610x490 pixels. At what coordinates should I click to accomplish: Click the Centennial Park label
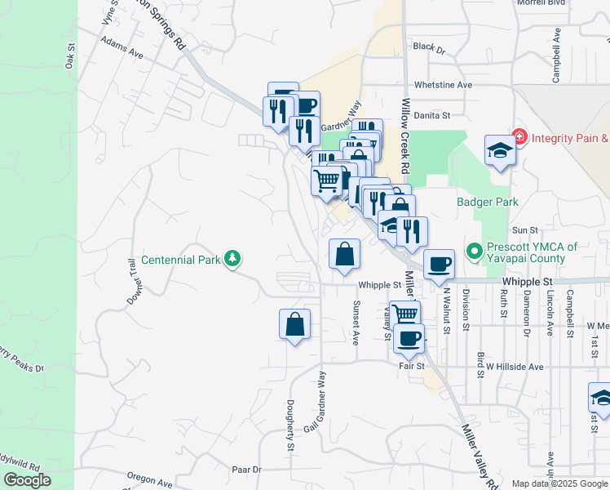point(181,261)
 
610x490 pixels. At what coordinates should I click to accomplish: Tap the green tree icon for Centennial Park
point(234,259)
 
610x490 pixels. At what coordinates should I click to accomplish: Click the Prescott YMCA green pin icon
point(472,250)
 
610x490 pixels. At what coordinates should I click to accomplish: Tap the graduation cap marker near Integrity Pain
point(500,151)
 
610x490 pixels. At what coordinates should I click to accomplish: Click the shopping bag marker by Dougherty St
point(294,325)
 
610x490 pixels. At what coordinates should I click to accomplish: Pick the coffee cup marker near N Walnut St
point(439,265)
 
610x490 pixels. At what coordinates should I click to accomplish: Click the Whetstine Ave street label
point(443,85)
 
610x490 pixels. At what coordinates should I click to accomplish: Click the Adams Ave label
point(122,47)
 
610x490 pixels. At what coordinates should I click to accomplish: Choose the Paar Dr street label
point(245,470)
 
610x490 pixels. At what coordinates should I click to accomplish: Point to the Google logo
point(27,480)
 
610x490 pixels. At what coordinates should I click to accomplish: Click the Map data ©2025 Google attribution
point(559,483)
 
